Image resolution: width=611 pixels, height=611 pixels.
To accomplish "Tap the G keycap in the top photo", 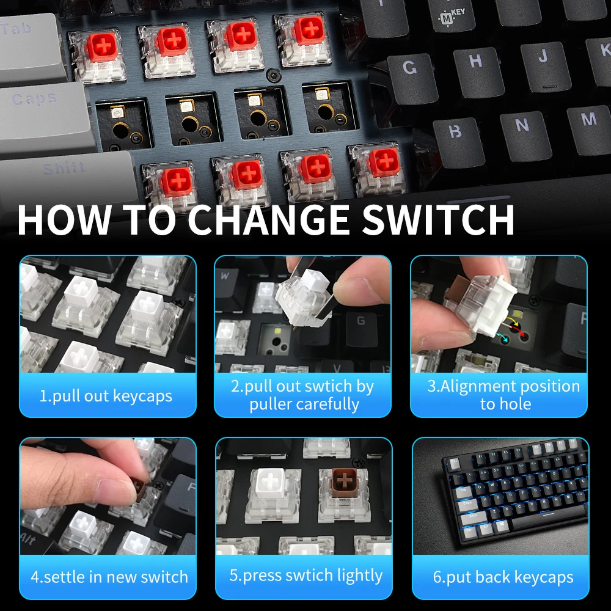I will click(411, 68).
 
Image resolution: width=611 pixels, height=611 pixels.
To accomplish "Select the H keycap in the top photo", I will click(476, 61).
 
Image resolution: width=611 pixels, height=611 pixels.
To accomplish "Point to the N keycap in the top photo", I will click(522, 126).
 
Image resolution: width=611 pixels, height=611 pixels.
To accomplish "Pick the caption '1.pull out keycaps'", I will click(106, 395).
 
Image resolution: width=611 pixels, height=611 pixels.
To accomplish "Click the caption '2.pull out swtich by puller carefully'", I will click(303, 395).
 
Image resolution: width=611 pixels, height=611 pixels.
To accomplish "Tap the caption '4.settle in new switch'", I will click(109, 577).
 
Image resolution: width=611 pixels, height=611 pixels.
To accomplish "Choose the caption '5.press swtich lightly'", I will click(305, 576).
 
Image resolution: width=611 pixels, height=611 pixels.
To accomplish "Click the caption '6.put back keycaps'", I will click(503, 577).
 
